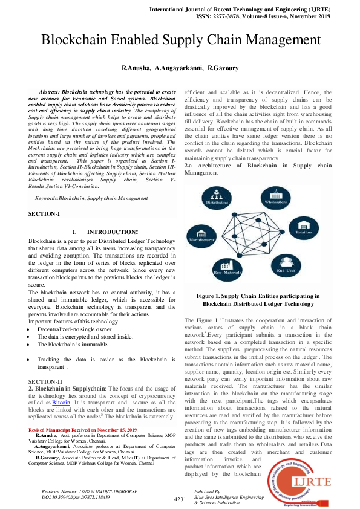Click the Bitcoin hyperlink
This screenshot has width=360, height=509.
61,402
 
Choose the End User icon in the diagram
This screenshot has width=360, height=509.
287,265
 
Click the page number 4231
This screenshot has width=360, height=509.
180,499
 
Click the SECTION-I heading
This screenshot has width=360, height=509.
44,214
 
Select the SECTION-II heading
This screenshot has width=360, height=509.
45,382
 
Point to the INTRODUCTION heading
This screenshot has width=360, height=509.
112,232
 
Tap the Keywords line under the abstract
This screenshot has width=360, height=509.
91,198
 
